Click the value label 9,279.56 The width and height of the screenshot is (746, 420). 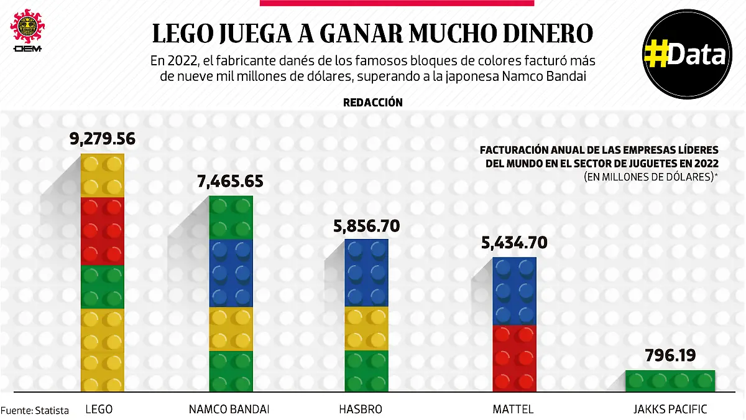[103, 139]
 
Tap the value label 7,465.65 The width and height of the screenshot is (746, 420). [231, 182]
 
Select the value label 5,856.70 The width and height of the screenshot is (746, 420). [366, 225]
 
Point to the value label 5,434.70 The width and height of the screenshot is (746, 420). [514, 243]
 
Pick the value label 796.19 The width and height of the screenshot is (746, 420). [670, 357]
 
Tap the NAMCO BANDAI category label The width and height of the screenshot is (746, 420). [229, 409]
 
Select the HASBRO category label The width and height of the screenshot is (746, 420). [361, 409]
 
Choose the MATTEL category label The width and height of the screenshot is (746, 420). [513, 409]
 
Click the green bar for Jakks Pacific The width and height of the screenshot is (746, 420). [670, 381]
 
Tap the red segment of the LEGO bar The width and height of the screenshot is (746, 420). [103, 231]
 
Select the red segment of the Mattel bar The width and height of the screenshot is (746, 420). [514, 358]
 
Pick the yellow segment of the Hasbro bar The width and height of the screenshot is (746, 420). [367, 328]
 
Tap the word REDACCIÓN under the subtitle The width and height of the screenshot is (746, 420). [372, 103]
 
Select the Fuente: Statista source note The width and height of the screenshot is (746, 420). [35, 410]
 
